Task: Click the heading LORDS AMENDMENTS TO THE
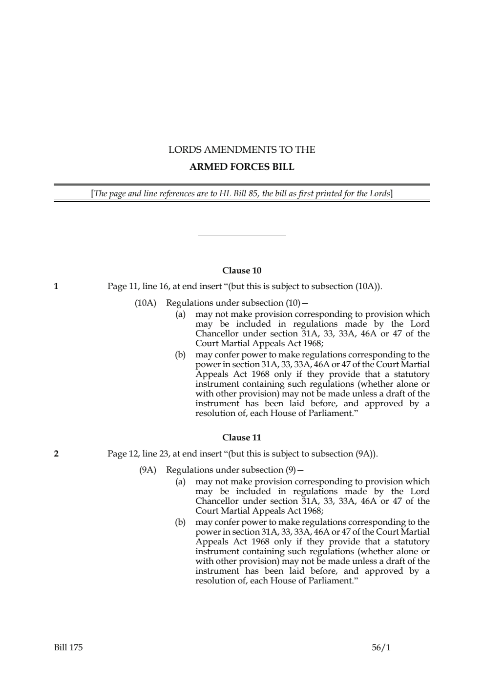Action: pos(242,150)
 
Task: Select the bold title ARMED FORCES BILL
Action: pos(242,167)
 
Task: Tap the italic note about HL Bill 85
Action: pos(242,193)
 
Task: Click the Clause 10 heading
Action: pos(242,270)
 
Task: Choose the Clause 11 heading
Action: pos(242,437)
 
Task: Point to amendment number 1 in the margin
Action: pos(56,287)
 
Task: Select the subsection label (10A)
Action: pos(145,303)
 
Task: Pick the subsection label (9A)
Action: pos(147,470)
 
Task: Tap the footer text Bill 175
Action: pos(68,648)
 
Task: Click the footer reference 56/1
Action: pos(381,648)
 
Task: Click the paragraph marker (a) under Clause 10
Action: pos(181,314)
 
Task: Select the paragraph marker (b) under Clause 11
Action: pos(181,522)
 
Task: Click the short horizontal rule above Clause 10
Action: pos(242,235)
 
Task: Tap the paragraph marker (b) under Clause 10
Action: pos(181,355)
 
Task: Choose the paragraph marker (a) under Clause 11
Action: pos(181,482)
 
